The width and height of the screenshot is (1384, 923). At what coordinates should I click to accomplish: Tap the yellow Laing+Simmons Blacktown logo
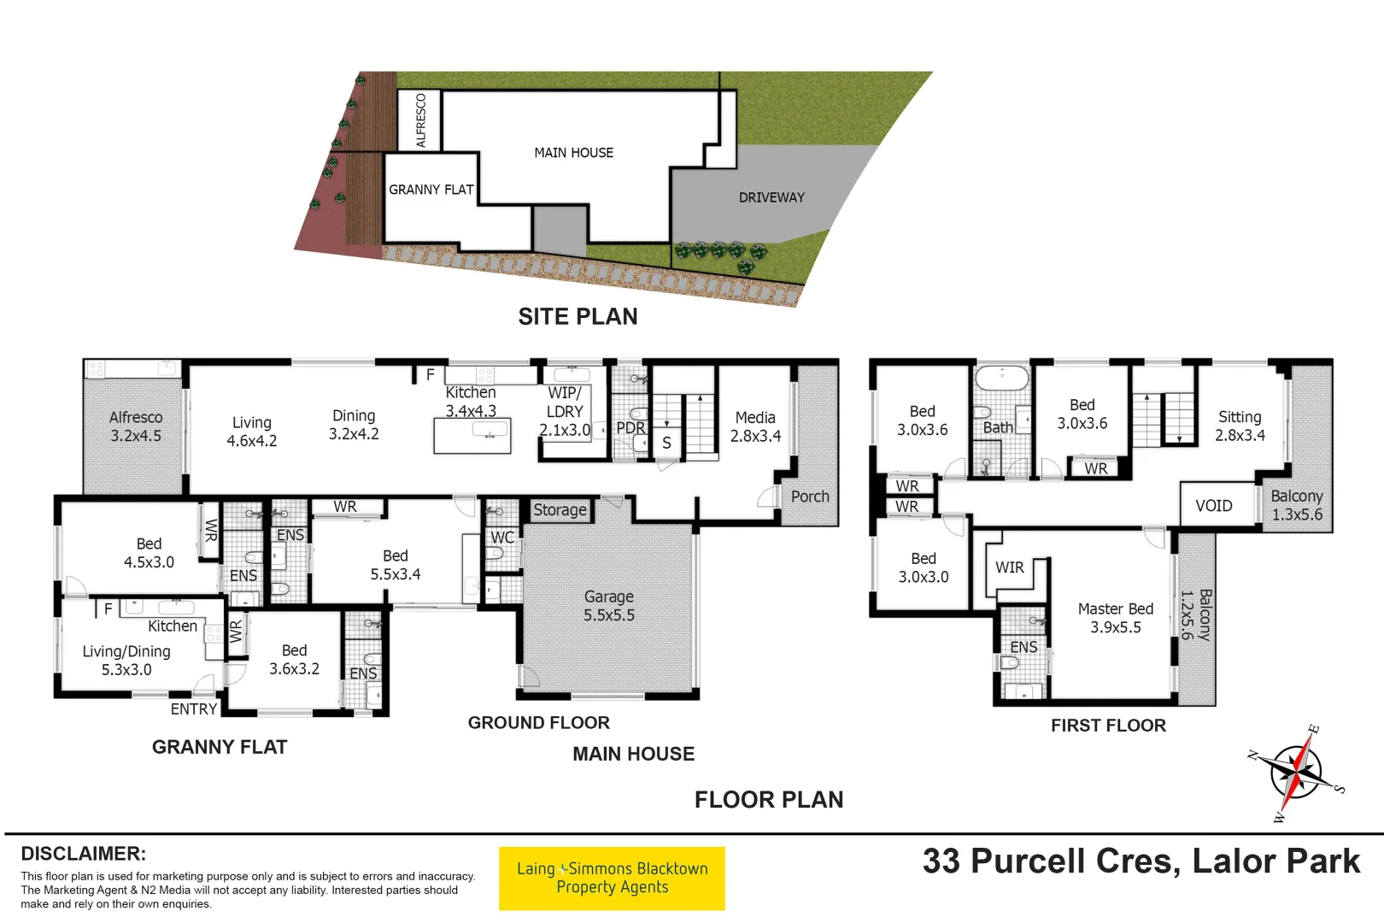click(612, 878)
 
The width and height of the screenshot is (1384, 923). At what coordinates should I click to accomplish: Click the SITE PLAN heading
click(578, 316)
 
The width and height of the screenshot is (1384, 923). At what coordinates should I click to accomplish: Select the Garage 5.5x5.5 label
click(609, 606)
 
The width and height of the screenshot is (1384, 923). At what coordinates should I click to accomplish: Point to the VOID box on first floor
click(1213, 506)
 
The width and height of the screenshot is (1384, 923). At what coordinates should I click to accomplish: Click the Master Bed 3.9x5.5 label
click(1115, 618)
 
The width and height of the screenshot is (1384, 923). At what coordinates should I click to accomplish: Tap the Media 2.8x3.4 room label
click(755, 426)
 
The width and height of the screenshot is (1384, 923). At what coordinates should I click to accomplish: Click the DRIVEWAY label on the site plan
click(771, 197)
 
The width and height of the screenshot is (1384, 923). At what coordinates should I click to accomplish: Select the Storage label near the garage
click(560, 510)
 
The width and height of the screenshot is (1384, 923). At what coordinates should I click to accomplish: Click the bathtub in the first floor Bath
click(1002, 378)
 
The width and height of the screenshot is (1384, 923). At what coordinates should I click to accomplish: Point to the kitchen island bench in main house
click(472, 436)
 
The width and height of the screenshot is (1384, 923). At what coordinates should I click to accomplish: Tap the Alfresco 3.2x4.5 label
click(136, 426)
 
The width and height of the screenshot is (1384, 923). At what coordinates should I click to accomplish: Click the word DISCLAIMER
click(83, 854)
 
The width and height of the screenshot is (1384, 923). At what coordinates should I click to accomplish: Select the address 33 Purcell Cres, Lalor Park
click(1141, 861)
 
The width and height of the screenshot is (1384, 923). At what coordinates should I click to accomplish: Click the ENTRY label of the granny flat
click(193, 709)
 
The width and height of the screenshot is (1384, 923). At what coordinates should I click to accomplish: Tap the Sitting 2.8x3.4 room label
click(1240, 426)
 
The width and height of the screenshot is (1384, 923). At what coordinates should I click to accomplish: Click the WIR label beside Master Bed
click(1009, 567)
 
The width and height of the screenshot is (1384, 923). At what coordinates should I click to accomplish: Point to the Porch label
click(809, 497)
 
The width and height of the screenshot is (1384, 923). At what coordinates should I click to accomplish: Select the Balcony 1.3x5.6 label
click(1296, 505)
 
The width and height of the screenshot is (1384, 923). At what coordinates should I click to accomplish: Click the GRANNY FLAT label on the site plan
click(431, 190)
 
